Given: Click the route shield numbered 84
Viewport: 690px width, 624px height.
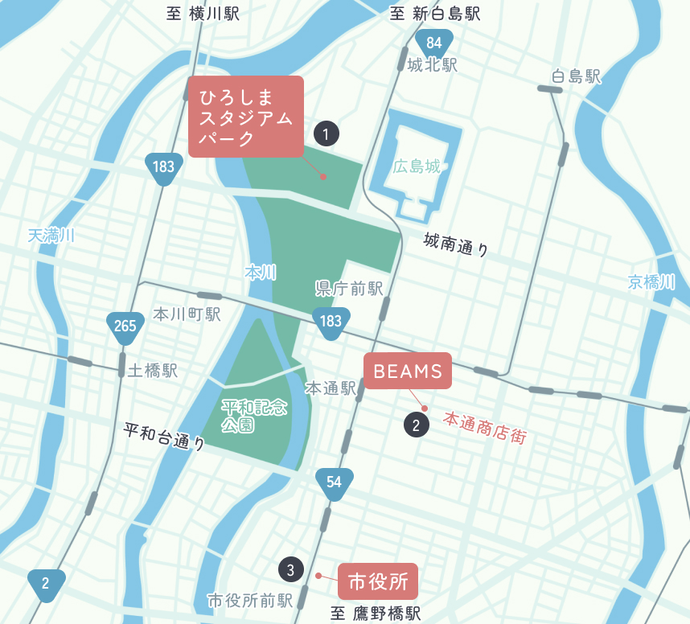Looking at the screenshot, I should (434, 43).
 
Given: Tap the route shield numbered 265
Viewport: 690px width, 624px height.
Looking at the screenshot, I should (125, 326).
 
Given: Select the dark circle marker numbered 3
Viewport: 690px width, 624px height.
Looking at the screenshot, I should (290, 570).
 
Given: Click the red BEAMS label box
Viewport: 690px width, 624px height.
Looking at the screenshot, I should (408, 371).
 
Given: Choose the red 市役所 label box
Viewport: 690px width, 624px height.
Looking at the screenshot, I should (378, 581).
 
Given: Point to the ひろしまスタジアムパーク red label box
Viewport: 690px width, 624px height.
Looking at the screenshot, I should (245, 117).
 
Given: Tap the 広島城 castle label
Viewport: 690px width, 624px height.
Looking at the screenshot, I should (417, 167).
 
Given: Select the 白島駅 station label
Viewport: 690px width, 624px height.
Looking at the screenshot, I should (577, 77).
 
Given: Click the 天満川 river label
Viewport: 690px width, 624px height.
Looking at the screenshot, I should (51, 236).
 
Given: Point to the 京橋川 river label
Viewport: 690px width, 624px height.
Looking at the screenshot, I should (651, 281).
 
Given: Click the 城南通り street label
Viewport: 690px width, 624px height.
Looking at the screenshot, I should (456, 244).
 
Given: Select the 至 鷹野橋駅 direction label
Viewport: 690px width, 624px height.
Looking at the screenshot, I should (376, 614).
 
